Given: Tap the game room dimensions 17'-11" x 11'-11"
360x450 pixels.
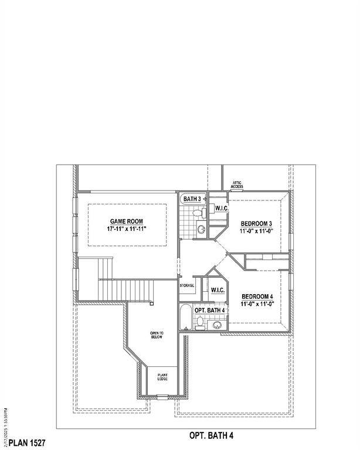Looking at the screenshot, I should [x=127, y=230].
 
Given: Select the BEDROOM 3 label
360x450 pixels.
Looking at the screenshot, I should [x=257, y=224].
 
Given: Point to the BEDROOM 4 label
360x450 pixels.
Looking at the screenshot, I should [x=257, y=296].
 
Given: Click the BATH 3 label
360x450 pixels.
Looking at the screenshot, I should [x=192, y=199].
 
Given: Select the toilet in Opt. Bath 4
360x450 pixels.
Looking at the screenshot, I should [x=200, y=322].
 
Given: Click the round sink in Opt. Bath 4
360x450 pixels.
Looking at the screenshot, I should [x=218, y=325].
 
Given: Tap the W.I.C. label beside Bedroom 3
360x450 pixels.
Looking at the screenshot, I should [x=221, y=209].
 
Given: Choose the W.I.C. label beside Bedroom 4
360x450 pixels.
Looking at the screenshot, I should [x=218, y=290].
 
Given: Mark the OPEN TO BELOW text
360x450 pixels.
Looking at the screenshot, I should [x=157, y=335].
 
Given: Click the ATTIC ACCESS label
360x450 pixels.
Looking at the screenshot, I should [x=237, y=184].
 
